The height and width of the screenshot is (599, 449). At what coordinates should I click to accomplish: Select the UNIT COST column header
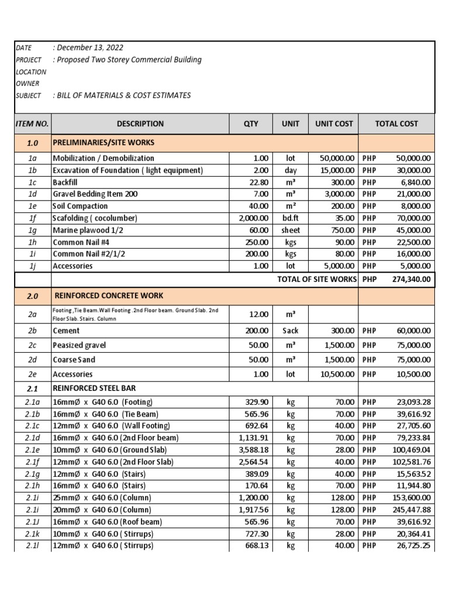pos(334,123)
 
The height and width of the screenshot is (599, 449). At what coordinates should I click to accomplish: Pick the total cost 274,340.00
pos(412,280)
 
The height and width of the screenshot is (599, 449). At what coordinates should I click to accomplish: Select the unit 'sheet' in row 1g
pos(291,230)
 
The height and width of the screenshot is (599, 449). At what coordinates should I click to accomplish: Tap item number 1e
pos(32,206)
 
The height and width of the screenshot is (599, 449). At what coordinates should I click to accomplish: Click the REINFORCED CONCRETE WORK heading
pos(109,296)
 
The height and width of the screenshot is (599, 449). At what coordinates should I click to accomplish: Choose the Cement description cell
pos(66,331)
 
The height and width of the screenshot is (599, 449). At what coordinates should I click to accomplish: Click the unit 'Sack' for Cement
pos(291,331)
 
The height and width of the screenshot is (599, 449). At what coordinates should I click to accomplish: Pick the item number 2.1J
pos(32,521)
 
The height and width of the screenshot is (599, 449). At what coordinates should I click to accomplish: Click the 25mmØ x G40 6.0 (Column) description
pos(102,497)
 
